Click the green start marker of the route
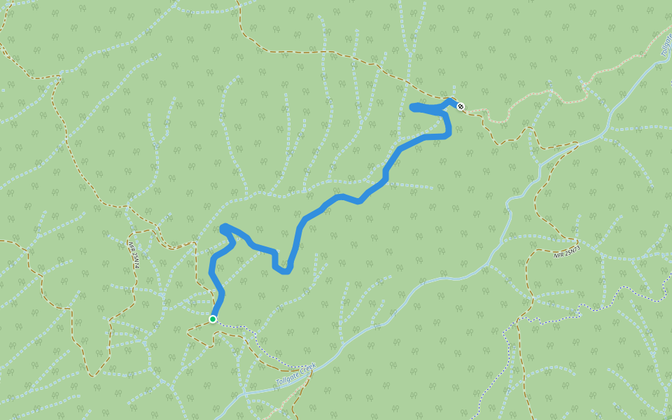pos(213,319)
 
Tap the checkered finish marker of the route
pos(460,106)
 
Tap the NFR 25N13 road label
pos(567,251)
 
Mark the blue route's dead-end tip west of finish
pos(412,106)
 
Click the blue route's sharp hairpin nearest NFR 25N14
pos(223,227)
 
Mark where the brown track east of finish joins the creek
pos(578,143)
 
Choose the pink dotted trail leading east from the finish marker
pos(532,98)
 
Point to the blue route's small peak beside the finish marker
pos(451,101)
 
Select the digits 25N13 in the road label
pos(572,250)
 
